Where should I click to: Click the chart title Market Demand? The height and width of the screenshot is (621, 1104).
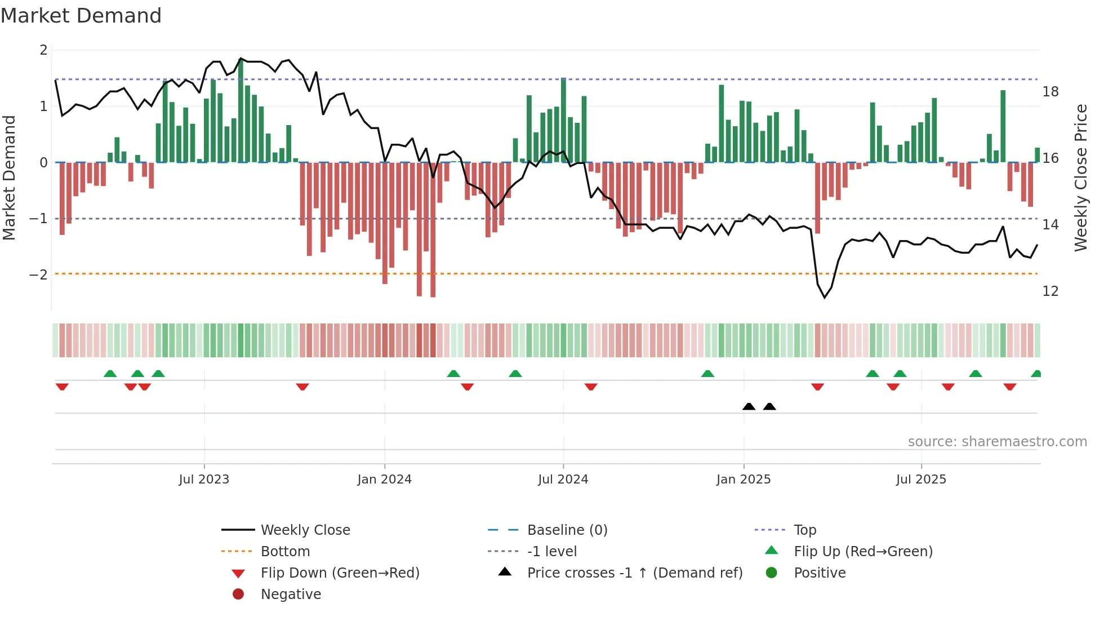tap(81, 16)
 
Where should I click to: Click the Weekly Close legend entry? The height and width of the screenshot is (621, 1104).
tap(305, 530)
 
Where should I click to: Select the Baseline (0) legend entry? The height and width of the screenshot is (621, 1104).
tap(567, 530)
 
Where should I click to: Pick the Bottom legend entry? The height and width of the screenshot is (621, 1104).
tap(285, 551)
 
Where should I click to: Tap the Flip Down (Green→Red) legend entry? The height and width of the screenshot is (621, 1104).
tap(340, 573)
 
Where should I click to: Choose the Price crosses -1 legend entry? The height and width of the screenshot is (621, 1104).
tap(634, 573)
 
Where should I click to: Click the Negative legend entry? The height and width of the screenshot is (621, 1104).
tap(291, 594)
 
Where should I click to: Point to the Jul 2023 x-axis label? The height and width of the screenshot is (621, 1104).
tap(204, 480)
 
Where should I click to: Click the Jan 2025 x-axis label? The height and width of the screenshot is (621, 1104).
tap(744, 480)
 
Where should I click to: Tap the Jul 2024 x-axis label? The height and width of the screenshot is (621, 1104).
tap(563, 480)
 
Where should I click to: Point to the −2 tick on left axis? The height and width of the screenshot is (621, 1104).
tap(38, 274)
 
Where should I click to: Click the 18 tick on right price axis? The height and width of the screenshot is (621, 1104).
tap(1050, 92)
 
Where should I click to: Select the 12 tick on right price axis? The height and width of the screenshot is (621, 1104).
tap(1050, 291)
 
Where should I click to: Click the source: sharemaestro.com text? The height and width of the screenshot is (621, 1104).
tap(997, 441)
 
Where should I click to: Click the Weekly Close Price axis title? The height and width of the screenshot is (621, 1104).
tap(1080, 178)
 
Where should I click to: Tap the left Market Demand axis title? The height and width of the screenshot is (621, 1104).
tap(9, 178)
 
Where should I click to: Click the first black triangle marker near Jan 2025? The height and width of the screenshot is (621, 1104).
tap(749, 406)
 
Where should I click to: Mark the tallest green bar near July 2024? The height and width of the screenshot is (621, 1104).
tap(563, 119)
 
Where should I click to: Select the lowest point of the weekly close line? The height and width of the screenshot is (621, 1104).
tap(825, 297)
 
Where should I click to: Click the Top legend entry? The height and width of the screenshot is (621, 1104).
tap(804, 530)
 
